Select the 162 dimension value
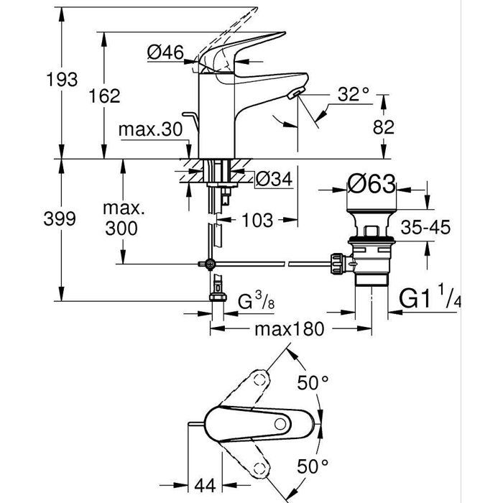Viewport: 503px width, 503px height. pos(106,96)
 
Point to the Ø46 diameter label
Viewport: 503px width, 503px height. pos(165,51)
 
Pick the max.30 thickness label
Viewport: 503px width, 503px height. pos(149,130)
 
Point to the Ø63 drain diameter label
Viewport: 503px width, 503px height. pos(372,185)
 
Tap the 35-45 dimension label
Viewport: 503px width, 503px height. pos(425,228)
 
